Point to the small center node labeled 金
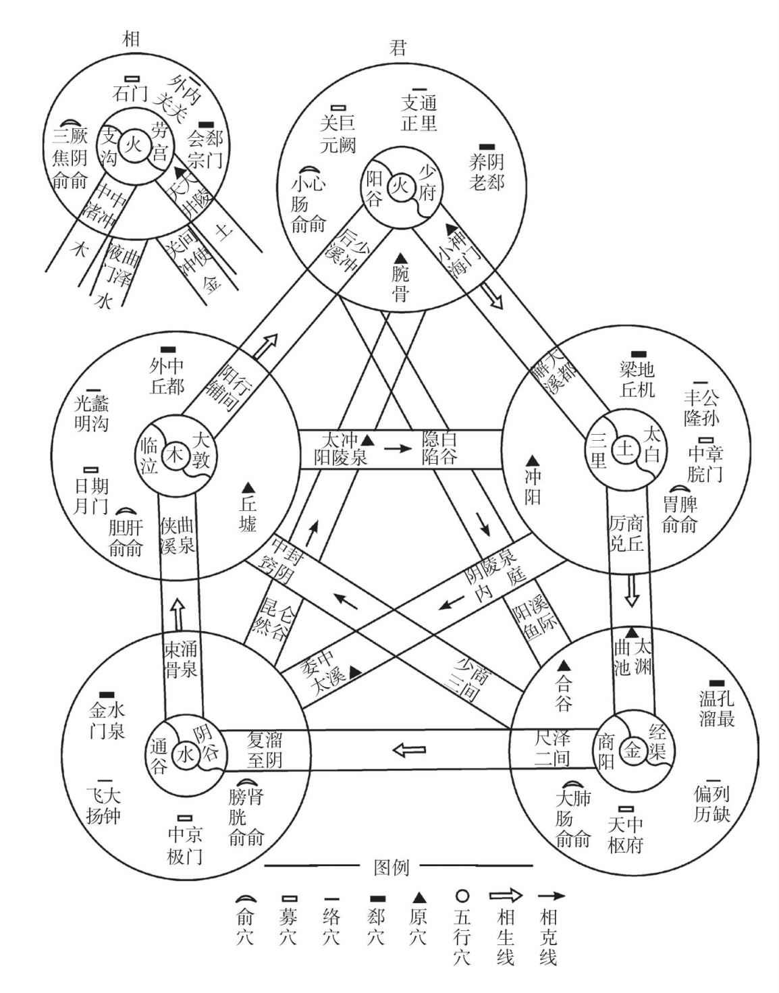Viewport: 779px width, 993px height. click(630, 748)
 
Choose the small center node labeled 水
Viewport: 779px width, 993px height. click(184, 755)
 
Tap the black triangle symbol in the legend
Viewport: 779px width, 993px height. click(419, 897)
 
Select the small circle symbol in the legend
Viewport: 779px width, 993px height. click(462, 896)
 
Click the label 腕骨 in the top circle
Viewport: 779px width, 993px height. click(400, 284)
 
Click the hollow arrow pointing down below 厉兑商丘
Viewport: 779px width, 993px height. click(632, 591)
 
